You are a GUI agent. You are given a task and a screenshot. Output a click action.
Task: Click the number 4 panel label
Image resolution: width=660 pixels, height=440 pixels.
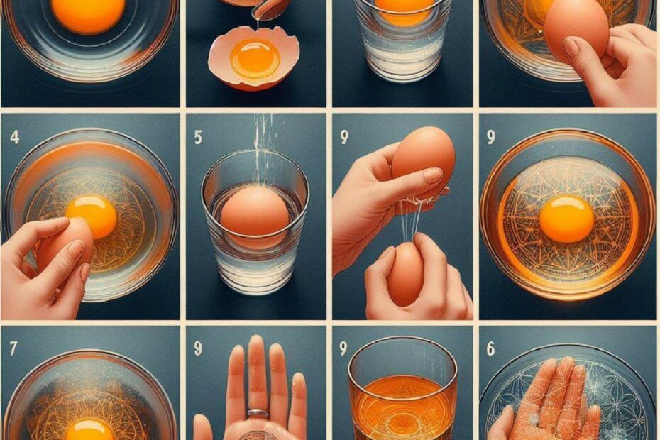point(14,137)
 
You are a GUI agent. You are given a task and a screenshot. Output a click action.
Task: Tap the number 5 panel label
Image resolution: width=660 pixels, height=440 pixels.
point(198,138)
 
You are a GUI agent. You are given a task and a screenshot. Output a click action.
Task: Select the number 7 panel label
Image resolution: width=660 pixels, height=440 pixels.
point(13,348)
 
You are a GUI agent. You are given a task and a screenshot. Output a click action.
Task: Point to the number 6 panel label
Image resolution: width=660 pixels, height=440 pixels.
point(490,348)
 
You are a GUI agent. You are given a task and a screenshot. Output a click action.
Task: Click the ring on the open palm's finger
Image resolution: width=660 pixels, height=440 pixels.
point(257,412)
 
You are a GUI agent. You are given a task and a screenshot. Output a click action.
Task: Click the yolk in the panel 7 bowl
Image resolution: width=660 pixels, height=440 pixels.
point(89,429)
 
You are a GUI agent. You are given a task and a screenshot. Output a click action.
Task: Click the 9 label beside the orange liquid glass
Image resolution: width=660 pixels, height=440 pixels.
point(343,348)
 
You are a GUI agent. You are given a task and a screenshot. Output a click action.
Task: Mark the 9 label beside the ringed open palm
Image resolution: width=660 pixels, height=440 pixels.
point(198,348)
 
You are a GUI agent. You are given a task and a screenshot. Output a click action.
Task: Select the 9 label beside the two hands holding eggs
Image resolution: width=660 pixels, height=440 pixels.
point(344,137)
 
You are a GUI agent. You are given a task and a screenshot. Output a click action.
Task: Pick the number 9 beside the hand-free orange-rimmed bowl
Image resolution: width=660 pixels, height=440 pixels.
point(490,138)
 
